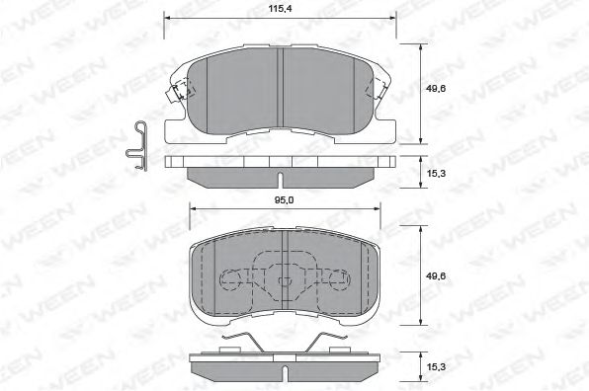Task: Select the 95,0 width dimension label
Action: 285,200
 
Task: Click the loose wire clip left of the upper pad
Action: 139,145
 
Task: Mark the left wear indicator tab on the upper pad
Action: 176,96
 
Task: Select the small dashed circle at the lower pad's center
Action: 283,281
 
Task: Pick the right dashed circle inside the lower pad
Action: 336,281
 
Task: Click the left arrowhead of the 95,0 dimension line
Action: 192,209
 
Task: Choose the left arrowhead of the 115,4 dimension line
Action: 164,18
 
